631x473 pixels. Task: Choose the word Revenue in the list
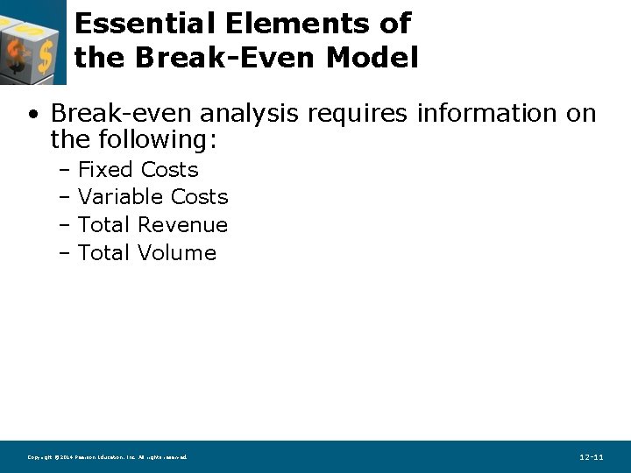click(183, 225)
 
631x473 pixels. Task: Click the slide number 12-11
click(592, 457)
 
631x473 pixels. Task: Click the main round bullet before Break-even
click(32, 115)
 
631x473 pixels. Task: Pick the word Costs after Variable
click(200, 197)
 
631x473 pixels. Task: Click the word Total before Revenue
click(105, 225)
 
